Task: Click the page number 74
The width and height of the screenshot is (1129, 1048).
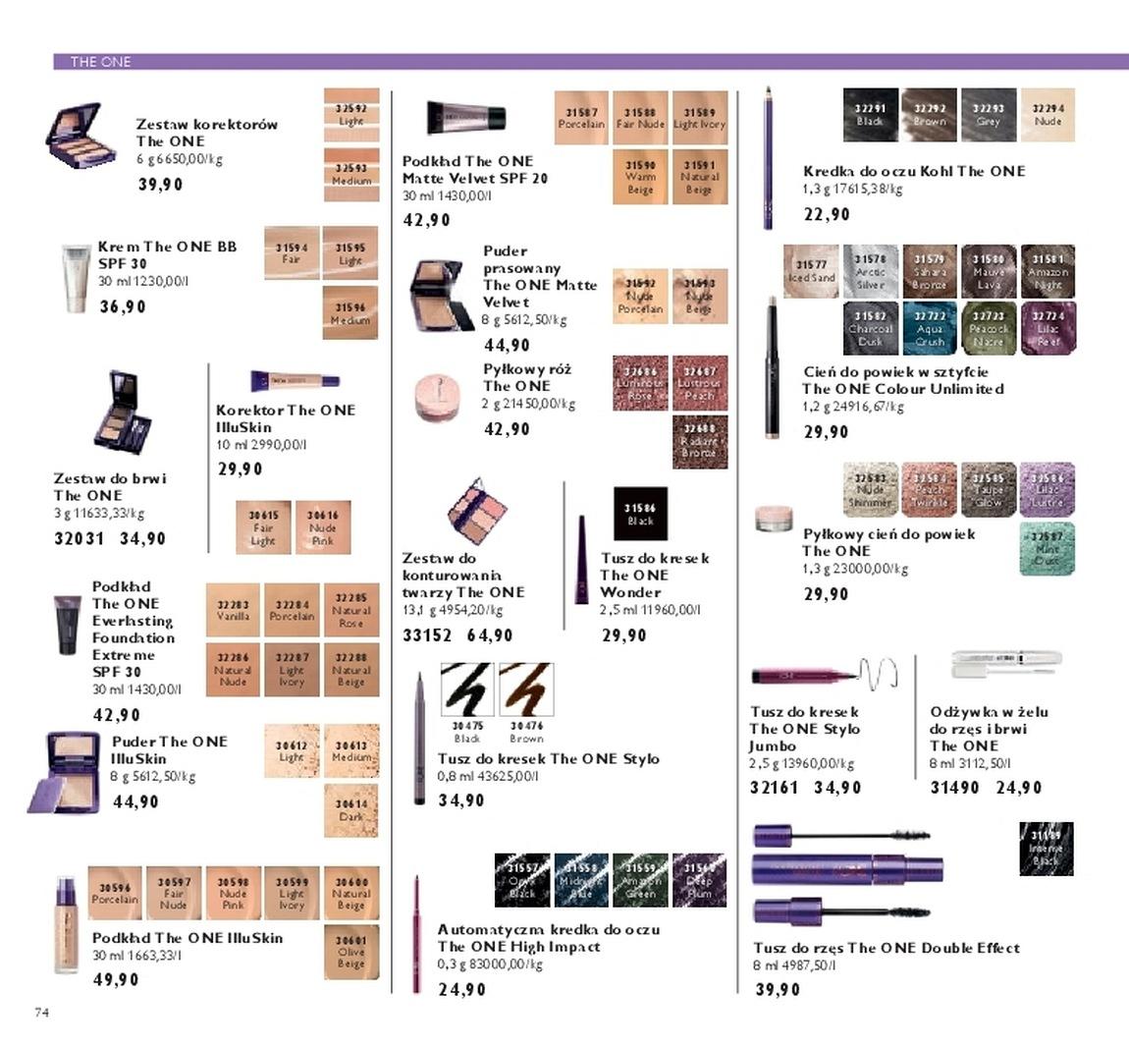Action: (x=41, y=1012)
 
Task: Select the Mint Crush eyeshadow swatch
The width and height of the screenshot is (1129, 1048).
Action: (x=1048, y=548)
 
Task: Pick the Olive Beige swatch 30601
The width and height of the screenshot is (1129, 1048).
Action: (x=350, y=952)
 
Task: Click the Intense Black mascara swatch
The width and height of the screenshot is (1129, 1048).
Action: (x=1047, y=849)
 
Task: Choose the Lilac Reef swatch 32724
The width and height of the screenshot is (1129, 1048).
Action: (x=1048, y=328)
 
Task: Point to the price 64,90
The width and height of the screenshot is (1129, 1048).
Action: (x=491, y=635)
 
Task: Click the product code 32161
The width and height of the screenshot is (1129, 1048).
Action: (x=774, y=788)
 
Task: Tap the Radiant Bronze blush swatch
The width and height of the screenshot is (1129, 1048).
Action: (x=699, y=441)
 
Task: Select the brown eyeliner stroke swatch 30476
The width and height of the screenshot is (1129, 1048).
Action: (x=526, y=689)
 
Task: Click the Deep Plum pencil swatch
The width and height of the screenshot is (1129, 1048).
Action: (x=699, y=880)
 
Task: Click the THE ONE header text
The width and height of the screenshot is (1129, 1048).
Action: (x=100, y=62)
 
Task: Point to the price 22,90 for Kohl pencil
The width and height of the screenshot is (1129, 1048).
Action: (x=827, y=214)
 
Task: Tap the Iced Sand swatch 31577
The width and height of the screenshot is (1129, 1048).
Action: (x=811, y=271)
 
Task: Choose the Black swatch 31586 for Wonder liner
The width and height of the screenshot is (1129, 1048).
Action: (x=640, y=514)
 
